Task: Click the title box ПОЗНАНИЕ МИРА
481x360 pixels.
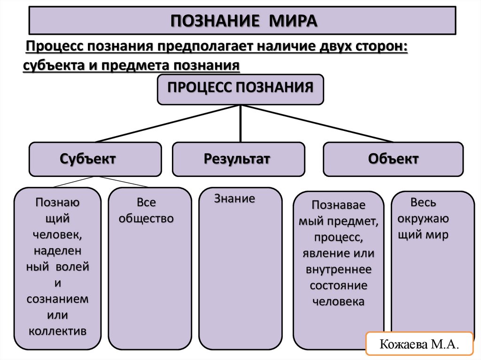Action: pos(243,21)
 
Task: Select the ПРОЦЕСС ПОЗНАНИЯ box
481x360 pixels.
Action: pos(240,89)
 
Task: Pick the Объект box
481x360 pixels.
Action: pos(393,159)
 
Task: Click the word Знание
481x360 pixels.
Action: pos(235,199)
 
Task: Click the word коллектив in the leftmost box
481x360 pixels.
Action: pos(58,330)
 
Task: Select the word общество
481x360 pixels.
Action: pos(146,219)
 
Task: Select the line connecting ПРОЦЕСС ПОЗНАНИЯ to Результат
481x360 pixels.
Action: pos(240,123)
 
